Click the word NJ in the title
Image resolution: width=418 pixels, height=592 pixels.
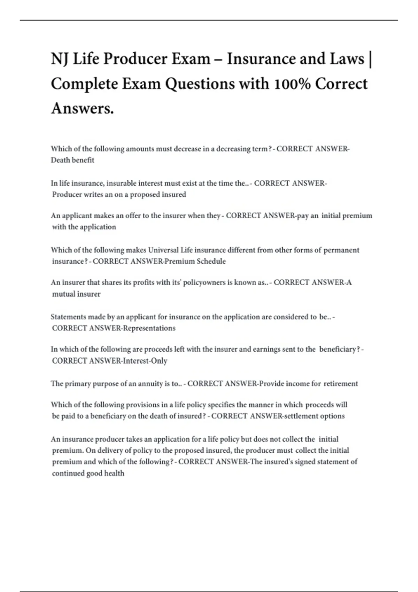click(x=60, y=59)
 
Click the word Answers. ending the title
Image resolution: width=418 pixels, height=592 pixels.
click(x=82, y=108)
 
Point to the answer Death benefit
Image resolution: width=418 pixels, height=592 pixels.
click(x=72, y=160)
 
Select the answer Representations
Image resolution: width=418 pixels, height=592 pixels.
click(x=149, y=328)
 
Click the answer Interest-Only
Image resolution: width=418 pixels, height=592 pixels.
click(x=145, y=361)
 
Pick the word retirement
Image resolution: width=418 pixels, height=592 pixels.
click(x=341, y=384)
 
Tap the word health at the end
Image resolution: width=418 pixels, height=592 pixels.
click(x=114, y=473)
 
